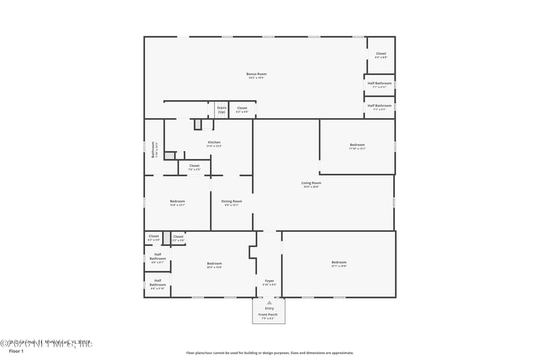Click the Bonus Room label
click(256, 74)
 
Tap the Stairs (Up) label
click(221, 109)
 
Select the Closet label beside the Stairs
click(242, 108)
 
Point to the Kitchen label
click(214, 143)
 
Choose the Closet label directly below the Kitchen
click(194, 166)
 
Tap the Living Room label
click(311, 183)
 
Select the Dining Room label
click(232, 201)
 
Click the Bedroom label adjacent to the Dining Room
click(178, 201)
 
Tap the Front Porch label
click(269, 314)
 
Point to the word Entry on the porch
click(269, 309)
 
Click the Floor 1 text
click(16, 351)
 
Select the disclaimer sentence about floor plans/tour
click(269, 352)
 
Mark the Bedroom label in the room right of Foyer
click(338, 263)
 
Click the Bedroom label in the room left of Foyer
click(214, 264)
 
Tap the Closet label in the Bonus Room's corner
click(381, 55)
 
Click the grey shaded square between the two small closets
click(167, 238)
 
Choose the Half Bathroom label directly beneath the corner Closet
click(379, 84)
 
